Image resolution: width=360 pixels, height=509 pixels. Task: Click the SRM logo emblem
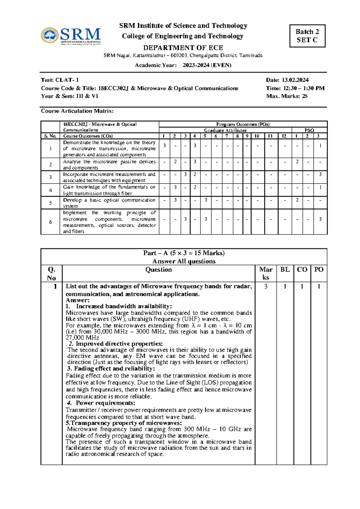(50, 35)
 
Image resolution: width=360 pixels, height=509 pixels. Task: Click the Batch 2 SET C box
(307, 36)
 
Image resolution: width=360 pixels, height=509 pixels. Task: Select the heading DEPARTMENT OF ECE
(183, 48)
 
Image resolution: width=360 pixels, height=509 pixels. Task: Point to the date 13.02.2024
(295, 80)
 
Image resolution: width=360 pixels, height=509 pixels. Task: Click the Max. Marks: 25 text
(287, 96)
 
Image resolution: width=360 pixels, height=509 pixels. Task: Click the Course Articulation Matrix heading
(77, 111)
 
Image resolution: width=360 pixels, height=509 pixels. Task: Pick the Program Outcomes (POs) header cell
(243, 124)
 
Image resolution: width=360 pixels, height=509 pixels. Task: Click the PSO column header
(309, 130)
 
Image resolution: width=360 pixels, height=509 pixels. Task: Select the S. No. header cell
(50, 136)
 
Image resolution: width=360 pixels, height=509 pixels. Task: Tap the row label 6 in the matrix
(50, 222)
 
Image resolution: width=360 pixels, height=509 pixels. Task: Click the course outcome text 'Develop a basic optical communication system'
(109, 203)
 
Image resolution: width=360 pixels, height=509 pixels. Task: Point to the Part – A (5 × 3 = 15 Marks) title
(184, 253)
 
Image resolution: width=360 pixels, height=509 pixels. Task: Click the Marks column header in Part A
(265, 273)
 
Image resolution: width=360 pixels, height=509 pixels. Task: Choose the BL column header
(285, 270)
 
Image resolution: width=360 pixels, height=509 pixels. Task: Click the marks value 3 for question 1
(265, 287)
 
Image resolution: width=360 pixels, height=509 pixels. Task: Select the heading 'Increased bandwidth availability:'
(124, 306)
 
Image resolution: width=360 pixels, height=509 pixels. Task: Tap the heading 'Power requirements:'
(105, 403)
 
